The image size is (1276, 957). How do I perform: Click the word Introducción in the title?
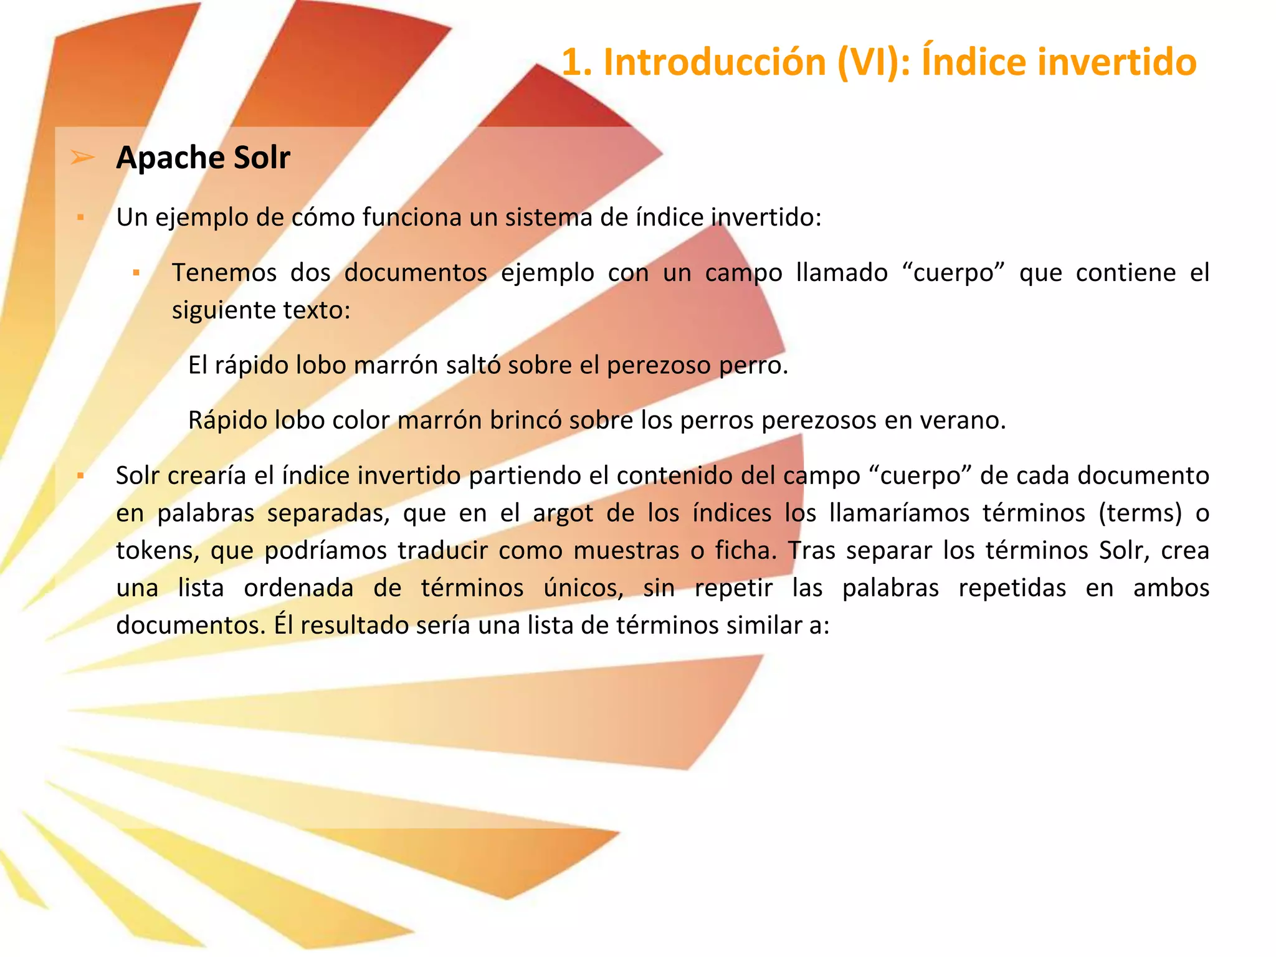[x=714, y=62]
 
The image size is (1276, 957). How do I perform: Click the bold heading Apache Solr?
[x=203, y=158]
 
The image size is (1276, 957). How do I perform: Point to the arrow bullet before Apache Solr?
[x=82, y=157]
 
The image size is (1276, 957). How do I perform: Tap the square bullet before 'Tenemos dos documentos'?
[x=136, y=272]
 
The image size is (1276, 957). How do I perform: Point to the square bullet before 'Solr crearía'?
[x=80, y=475]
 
